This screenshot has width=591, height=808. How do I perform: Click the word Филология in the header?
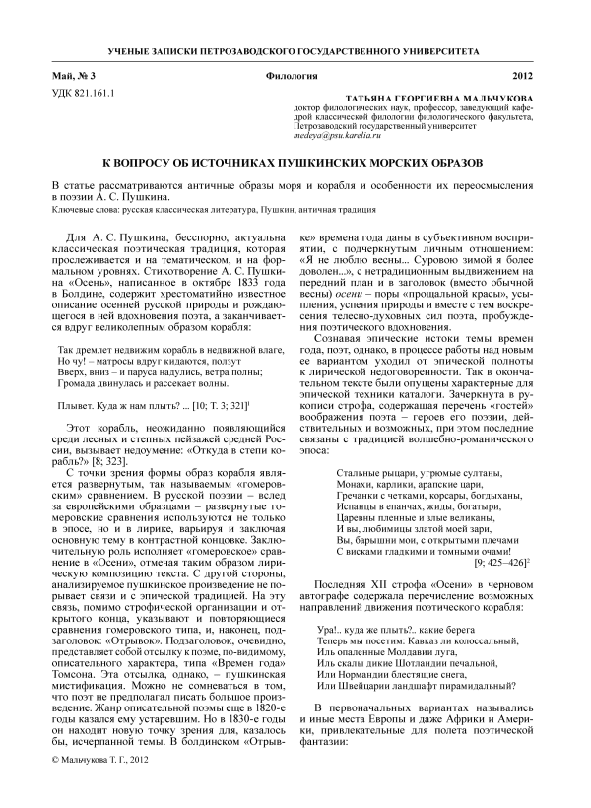291,76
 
